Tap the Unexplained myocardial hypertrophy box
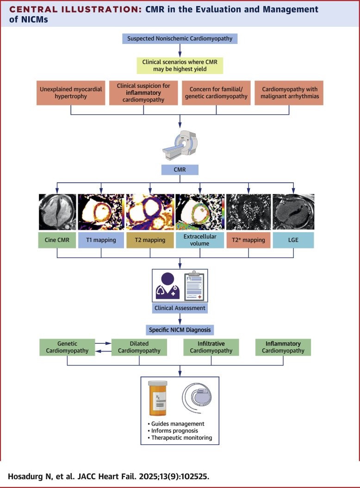[70, 93]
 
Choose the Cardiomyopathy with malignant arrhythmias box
[289, 93]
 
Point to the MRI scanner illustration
[180, 141]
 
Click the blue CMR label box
[180, 169]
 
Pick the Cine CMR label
[57, 241]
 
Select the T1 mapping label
[101, 241]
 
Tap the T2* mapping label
[248, 241]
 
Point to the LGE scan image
[293, 211]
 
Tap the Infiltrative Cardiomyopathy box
[211, 347]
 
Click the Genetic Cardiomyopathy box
[67, 347]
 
